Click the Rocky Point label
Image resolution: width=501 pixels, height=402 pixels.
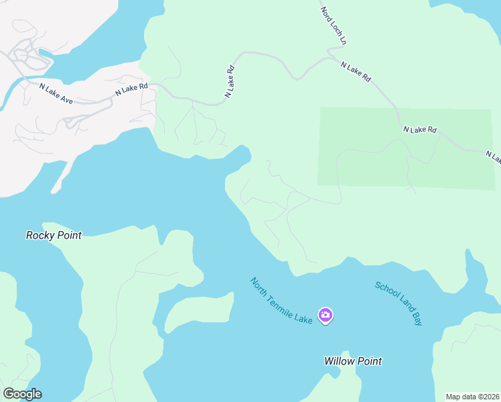[54, 235]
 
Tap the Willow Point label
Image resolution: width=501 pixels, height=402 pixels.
[353, 361]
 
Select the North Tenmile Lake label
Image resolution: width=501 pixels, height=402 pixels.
[281, 301]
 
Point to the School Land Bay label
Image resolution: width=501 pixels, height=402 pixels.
[399, 304]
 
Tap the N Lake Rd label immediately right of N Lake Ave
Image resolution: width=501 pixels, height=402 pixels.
[131, 88]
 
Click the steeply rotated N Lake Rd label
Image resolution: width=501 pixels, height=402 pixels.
[229, 82]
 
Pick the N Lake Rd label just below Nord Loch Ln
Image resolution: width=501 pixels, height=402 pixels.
[355, 72]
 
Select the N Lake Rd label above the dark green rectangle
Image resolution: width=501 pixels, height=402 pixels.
[419, 129]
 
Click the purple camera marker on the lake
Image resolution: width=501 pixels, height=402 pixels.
[326, 315]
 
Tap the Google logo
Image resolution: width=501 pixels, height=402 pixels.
[22, 394]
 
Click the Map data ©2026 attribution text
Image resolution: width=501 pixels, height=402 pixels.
[473, 397]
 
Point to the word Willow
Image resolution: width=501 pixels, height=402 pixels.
[339, 361]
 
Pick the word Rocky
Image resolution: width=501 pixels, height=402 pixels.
[40, 235]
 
